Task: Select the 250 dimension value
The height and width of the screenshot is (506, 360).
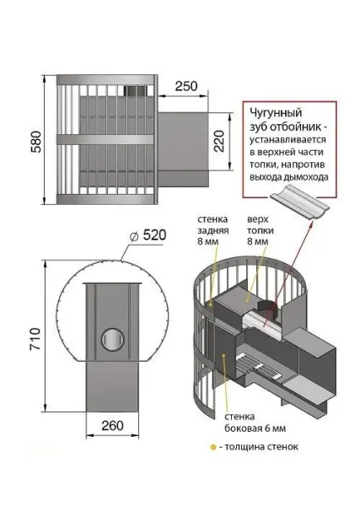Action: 187,87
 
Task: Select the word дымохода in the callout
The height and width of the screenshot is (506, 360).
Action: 300,178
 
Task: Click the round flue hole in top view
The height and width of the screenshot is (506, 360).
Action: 110,340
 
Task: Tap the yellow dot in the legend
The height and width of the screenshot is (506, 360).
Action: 229,447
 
